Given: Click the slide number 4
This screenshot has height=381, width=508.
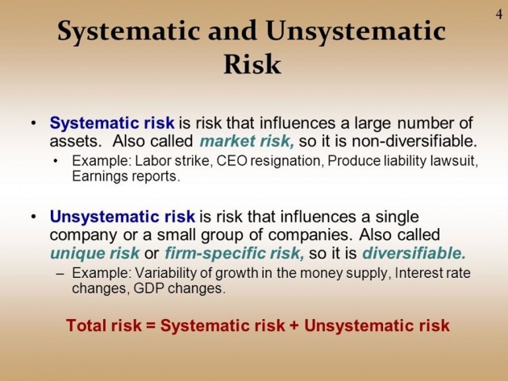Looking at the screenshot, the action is [x=499, y=14].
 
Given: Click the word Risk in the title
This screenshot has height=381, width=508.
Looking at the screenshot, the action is [x=252, y=64].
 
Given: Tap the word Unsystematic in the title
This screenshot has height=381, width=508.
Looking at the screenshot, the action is [x=356, y=31].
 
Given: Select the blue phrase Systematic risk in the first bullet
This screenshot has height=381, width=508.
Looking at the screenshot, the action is [x=112, y=123].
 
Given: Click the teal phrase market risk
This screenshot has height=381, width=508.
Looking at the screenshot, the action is [x=247, y=141].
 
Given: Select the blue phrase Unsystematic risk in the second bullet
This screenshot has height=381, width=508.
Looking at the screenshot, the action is [x=123, y=217].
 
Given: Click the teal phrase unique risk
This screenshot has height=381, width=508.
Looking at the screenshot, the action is [x=94, y=253].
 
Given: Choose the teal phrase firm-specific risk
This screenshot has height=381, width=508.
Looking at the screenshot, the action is [x=235, y=253].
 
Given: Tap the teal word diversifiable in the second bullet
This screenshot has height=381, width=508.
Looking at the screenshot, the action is [x=414, y=253].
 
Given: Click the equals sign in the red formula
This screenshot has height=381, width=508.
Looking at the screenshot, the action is [x=151, y=325].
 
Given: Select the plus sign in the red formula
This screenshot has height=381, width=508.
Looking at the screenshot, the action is [x=294, y=325].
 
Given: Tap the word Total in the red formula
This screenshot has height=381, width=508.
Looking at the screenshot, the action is [x=86, y=325].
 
